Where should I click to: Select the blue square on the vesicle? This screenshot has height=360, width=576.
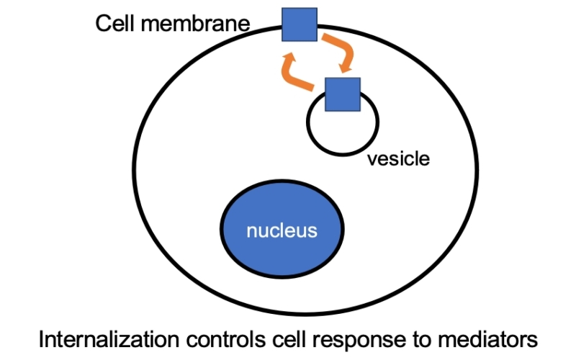click(x=342, y=94)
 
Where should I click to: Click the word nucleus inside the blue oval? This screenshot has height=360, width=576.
click(x=282, y=231)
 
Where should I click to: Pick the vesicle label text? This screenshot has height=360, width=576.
click(x=398, y=158)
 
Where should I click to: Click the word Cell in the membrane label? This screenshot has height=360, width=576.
click(x=117, y=24)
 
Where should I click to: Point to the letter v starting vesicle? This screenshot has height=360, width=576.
click(x=372, y=159)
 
